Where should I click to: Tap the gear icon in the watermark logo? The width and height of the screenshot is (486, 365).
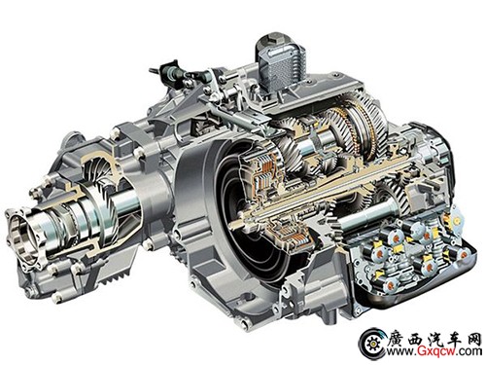click(x=373, y=344)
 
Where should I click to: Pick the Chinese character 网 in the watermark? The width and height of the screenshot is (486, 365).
click(x=473, y=340)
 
